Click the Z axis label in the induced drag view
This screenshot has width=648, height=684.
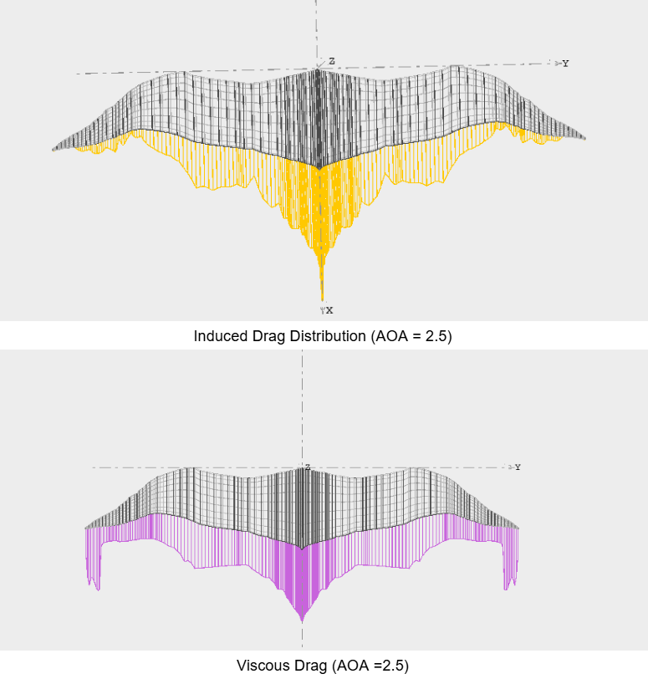pos(332,62)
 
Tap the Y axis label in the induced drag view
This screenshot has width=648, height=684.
pos(566,64)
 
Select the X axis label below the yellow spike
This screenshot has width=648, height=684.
pos(329,310)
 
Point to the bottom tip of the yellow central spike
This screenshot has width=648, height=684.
pos(322,299)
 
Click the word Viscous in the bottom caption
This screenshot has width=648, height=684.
pos(262,666)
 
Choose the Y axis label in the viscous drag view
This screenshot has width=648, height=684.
pos(518,467)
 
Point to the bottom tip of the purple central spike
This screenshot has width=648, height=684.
pos(302,620)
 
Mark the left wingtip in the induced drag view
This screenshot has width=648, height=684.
pos(54,149)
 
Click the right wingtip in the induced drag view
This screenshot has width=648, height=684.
pos(584,138)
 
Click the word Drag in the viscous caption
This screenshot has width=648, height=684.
pos(310,666)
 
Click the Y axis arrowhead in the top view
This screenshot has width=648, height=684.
pos(557,63)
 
